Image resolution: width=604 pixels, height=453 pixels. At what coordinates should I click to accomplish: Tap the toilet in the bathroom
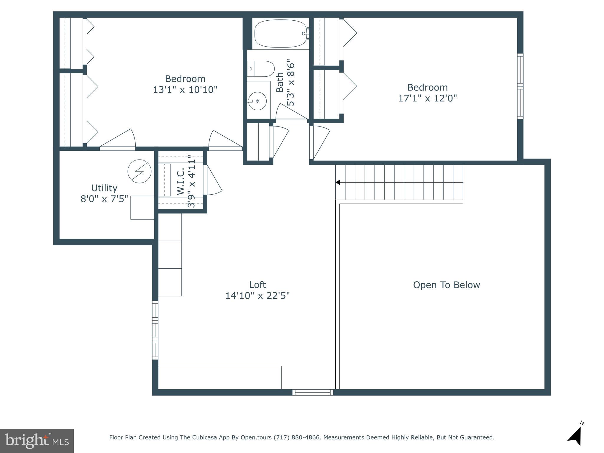261,69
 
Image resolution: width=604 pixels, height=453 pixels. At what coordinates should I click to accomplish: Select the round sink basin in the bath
257,101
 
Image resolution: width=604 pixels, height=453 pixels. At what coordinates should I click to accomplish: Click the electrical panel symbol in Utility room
139,171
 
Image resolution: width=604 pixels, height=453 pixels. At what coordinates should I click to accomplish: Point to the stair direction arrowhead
338,183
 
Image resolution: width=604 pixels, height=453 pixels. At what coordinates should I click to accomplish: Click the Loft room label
257,285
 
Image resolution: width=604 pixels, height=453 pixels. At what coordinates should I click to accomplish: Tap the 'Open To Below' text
446,285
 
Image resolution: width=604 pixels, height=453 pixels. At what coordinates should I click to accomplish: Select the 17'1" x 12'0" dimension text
427,98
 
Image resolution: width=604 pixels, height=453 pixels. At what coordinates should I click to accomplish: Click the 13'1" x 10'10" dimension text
185,90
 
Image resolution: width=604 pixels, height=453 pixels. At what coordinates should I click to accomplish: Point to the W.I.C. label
181,182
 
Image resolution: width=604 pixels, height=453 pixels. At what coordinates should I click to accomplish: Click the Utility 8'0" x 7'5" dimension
104,199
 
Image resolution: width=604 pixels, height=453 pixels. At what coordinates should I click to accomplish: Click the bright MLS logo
37,441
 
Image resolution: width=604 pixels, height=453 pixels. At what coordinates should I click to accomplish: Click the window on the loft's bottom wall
313,392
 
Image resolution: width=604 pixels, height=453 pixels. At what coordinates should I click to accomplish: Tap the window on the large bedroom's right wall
520,86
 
